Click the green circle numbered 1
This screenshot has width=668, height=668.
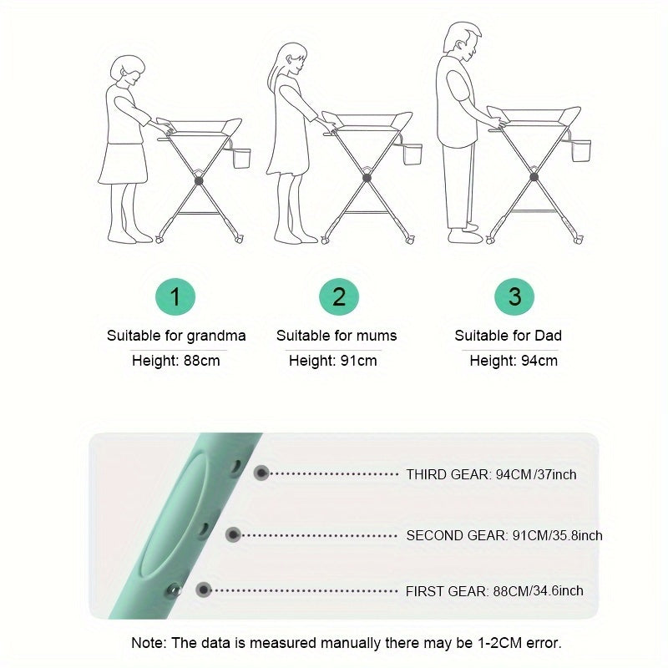coord(175,296)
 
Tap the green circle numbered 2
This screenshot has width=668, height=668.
coord(339,296)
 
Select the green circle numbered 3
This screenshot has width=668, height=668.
coord(514,296)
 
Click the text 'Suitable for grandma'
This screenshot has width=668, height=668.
coord(176,336)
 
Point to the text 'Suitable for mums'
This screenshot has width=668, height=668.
coord(337,336)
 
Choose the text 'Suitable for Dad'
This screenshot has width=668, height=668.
coord(508,336)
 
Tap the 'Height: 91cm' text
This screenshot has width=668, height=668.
coord(332,362)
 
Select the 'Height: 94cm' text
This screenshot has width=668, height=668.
coord(513,362)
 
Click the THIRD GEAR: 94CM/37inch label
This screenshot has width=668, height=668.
coord(491,474)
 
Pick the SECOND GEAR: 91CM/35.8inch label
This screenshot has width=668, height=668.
coord(504,535)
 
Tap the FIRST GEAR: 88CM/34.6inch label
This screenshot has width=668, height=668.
coord(494,590)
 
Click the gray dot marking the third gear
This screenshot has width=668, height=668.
coord(261,473)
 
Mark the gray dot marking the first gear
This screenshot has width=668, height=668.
coord(203,590)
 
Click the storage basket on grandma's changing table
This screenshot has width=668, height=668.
coord(241,158)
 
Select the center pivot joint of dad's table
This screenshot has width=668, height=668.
coord(534,177)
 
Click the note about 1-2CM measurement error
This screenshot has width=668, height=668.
coord(346,643)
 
